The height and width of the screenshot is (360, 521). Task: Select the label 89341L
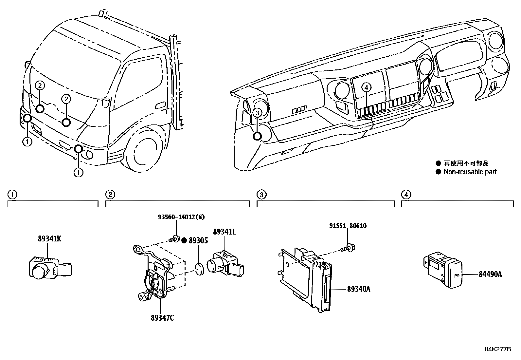[225, 232]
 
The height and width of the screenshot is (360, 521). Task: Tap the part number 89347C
[162, 317]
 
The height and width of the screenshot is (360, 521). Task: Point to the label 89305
[198, 240]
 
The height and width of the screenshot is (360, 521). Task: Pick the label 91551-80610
[348, 225]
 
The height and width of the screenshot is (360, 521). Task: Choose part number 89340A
[359, 289]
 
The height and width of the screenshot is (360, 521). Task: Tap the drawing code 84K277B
[497, 349]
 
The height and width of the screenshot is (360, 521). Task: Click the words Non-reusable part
[470, 172]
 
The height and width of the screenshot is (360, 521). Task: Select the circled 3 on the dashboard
[258, 113]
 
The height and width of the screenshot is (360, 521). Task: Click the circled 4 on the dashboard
[367, 87]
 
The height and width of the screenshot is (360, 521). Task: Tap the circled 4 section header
[406, 195]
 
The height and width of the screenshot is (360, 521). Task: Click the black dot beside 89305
[184, 240]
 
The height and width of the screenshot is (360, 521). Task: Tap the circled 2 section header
[111, 195]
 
